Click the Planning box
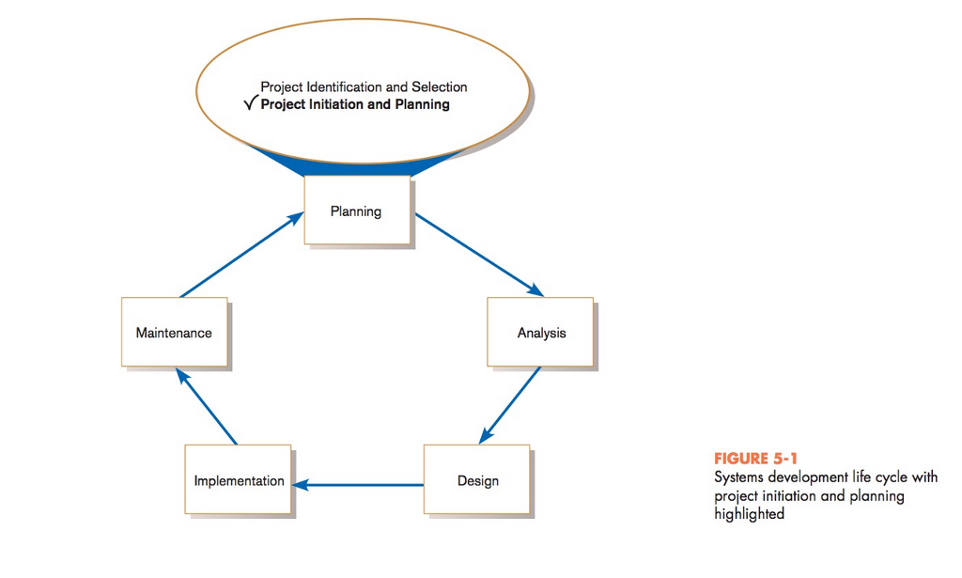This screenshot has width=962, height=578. coord(356,211)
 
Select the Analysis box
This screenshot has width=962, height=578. coord(540,332)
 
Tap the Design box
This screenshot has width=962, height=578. coord(477,480)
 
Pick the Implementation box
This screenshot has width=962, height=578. coord(238,480)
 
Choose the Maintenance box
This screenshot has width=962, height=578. coord(174,332)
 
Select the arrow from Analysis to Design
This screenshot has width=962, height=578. coord(511,405)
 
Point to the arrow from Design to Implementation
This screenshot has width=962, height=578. coord(358,485)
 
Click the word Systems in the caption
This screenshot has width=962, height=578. coord(738,477)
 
